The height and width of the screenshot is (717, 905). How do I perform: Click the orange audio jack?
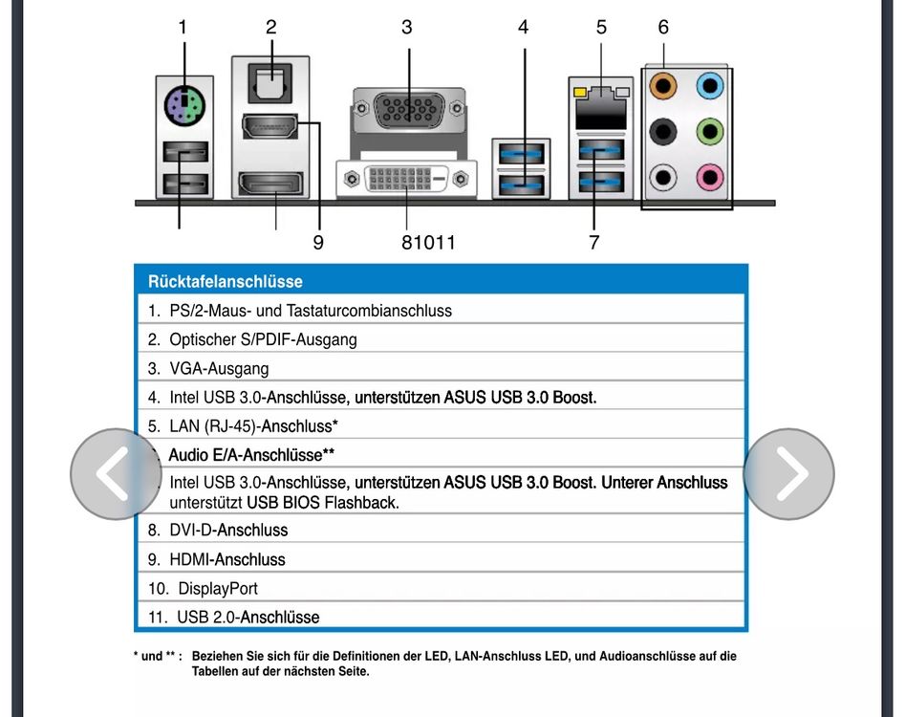tap(662, 87)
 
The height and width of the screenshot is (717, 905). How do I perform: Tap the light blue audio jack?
tap(709, 87)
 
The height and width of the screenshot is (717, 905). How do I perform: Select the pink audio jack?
tap(709, 175)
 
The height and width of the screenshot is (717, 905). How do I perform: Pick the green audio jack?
tap(709, 131)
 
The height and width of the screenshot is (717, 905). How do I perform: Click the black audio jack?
tap(662, 131)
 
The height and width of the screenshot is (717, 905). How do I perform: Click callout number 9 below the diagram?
tap(318, 243)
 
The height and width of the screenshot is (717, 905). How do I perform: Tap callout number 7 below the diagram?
tap(593, 243)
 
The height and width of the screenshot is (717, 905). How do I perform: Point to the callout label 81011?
tap(428, 243)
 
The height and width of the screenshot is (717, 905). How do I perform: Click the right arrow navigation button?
tap(788, 474)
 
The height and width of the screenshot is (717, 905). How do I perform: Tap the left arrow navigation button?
tap(116, 474)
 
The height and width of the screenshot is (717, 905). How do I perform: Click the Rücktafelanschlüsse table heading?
tap(226, 282)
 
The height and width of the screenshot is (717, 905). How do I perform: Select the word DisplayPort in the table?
tap(218, 589)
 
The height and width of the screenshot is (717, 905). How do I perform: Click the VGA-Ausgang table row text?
tap(219, 368)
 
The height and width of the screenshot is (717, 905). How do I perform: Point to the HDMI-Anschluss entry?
tap(227, 559)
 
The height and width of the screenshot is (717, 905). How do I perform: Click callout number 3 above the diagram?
tap(407, 28)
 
